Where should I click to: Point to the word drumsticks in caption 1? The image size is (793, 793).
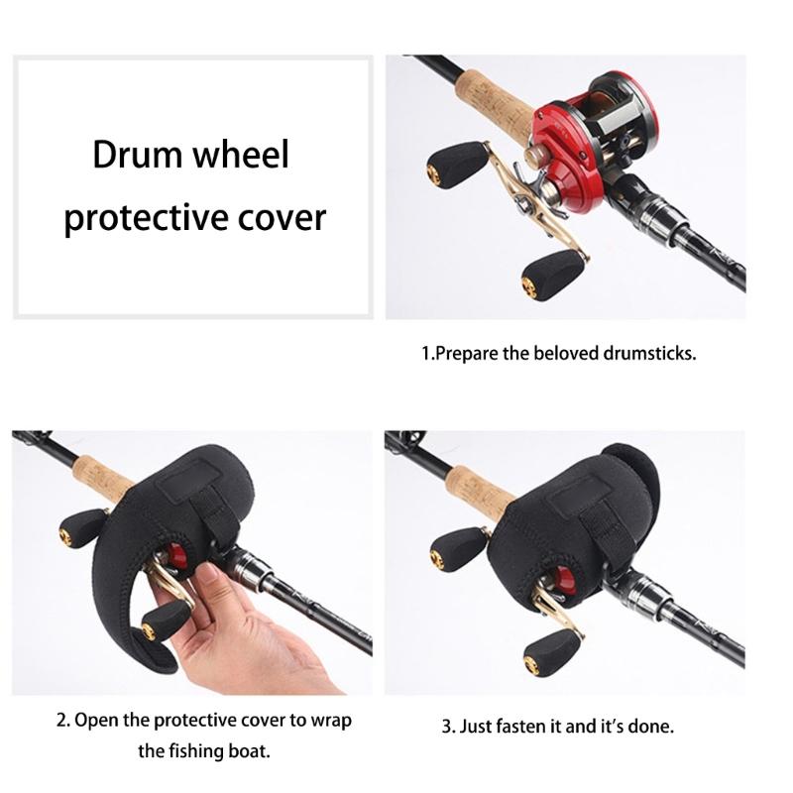(647, 353)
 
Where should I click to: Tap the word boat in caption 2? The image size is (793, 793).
(250, 750)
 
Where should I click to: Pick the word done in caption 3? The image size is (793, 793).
(651, 726)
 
